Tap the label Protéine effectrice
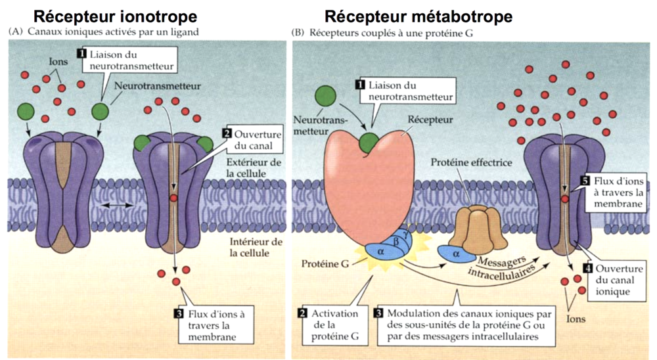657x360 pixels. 471,162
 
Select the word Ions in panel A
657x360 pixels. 58,62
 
